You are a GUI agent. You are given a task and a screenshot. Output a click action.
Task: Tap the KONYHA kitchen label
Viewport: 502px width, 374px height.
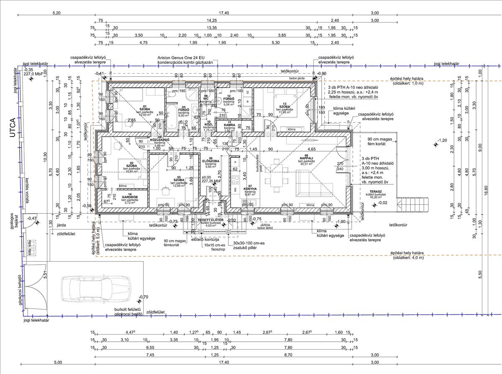(x=250, y=188)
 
